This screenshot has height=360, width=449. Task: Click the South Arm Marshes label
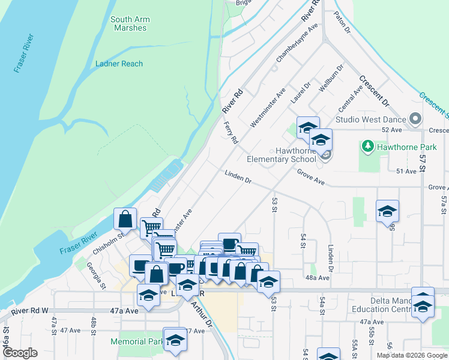pos(130,23)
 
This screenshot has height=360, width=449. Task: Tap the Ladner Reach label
pos(119,64)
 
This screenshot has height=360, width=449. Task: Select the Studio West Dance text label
pos(370,119)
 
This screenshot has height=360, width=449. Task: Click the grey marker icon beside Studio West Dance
pos(414,119)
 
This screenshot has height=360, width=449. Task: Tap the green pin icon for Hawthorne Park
pos(366,146)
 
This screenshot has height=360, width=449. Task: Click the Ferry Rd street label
pos(230,132)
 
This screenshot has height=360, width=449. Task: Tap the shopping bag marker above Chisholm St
pos(125,219)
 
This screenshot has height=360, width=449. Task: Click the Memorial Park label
pos(136,341)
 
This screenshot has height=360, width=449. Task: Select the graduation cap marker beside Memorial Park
pos(175,339)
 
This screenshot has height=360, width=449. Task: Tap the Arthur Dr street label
pos(202,315)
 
